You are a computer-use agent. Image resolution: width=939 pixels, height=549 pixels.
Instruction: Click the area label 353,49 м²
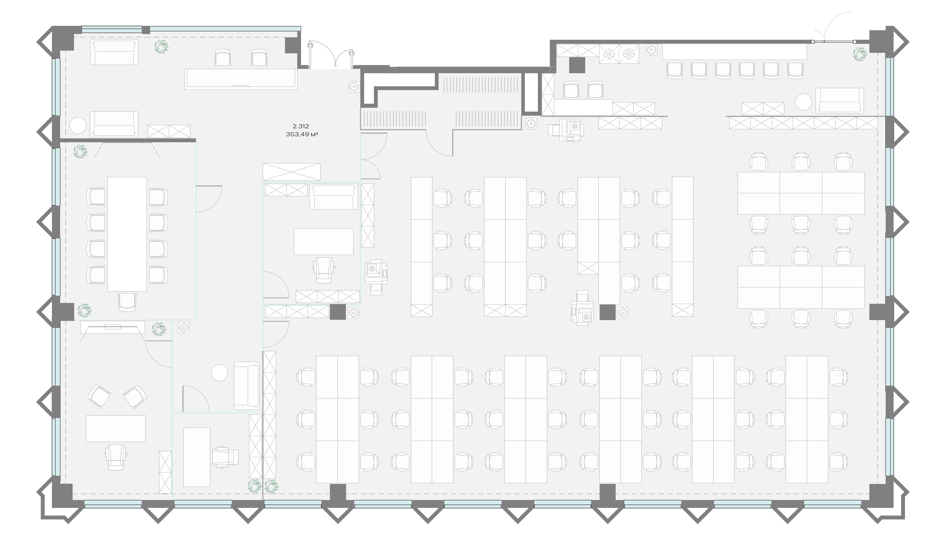302,134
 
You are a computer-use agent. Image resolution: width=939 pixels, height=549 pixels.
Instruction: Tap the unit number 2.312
301,127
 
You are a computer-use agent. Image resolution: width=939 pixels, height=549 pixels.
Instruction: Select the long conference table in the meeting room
127,234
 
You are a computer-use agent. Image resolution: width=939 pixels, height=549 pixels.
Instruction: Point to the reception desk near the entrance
241,79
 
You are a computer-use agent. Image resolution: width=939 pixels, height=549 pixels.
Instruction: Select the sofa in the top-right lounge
839,101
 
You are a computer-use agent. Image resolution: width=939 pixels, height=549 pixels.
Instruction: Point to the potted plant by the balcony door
860,54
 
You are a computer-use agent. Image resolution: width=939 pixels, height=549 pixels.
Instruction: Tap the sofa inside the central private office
333,197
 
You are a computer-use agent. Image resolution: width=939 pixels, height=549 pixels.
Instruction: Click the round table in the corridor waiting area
219,373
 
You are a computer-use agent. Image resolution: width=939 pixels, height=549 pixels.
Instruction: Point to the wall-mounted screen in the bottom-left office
113,327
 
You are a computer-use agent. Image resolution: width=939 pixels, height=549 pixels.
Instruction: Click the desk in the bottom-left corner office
116,428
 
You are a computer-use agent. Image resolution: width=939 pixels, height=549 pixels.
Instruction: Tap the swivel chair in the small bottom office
225,456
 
